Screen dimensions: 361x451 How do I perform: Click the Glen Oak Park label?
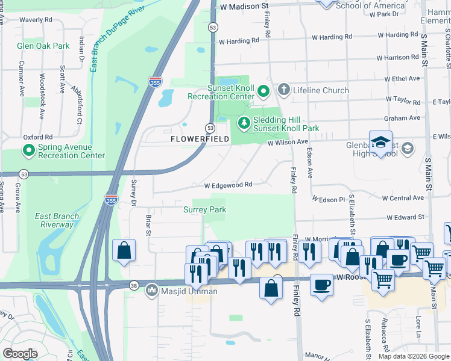43,46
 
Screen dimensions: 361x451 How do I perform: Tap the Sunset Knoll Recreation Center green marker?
263,91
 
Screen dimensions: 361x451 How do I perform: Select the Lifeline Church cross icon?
283,90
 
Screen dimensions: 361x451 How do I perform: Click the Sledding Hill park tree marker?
244,123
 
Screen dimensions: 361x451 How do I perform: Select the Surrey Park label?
204,209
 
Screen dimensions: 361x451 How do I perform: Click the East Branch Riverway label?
54,221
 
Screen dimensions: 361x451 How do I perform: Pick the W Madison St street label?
244,5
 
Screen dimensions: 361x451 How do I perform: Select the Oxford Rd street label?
38,137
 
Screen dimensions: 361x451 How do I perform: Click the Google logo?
20,354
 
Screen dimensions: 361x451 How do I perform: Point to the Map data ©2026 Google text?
414,356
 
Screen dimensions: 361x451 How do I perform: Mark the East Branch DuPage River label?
118,37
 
